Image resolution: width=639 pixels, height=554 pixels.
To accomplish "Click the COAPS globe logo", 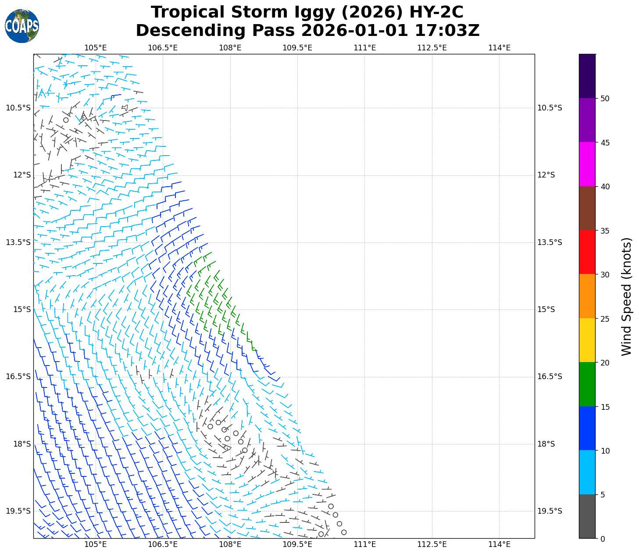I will tap(22, 26).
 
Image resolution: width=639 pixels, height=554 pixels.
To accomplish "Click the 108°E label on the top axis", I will tap(230, 48).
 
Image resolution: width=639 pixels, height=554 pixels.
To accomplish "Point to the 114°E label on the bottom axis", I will tap(499, 544).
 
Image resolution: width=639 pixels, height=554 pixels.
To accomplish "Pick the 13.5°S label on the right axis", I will tap(550, 242).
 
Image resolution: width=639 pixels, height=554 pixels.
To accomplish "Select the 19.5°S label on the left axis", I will tap(18, 511).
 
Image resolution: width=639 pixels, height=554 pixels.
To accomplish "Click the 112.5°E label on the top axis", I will tap(432, 48).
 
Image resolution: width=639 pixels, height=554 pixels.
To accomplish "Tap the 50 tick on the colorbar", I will tap(604, 99).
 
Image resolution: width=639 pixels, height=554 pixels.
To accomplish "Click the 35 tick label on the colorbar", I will tap(604, 231).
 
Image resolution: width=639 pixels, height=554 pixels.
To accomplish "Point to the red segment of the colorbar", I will tap(587, 252).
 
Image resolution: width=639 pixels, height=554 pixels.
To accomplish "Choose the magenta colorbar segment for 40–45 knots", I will tap(587, 164).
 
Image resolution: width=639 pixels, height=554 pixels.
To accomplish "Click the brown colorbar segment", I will tap(587, 208).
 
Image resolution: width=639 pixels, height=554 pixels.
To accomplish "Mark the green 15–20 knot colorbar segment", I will tap(587, 384).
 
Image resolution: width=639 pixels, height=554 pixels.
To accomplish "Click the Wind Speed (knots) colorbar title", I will tap(627, 297).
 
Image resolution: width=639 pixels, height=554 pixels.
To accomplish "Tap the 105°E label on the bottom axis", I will tap(96, 544).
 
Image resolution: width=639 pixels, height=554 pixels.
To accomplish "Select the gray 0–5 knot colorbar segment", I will tap(587, 516).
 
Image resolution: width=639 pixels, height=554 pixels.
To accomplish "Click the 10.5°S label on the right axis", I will tap(550, 108).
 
